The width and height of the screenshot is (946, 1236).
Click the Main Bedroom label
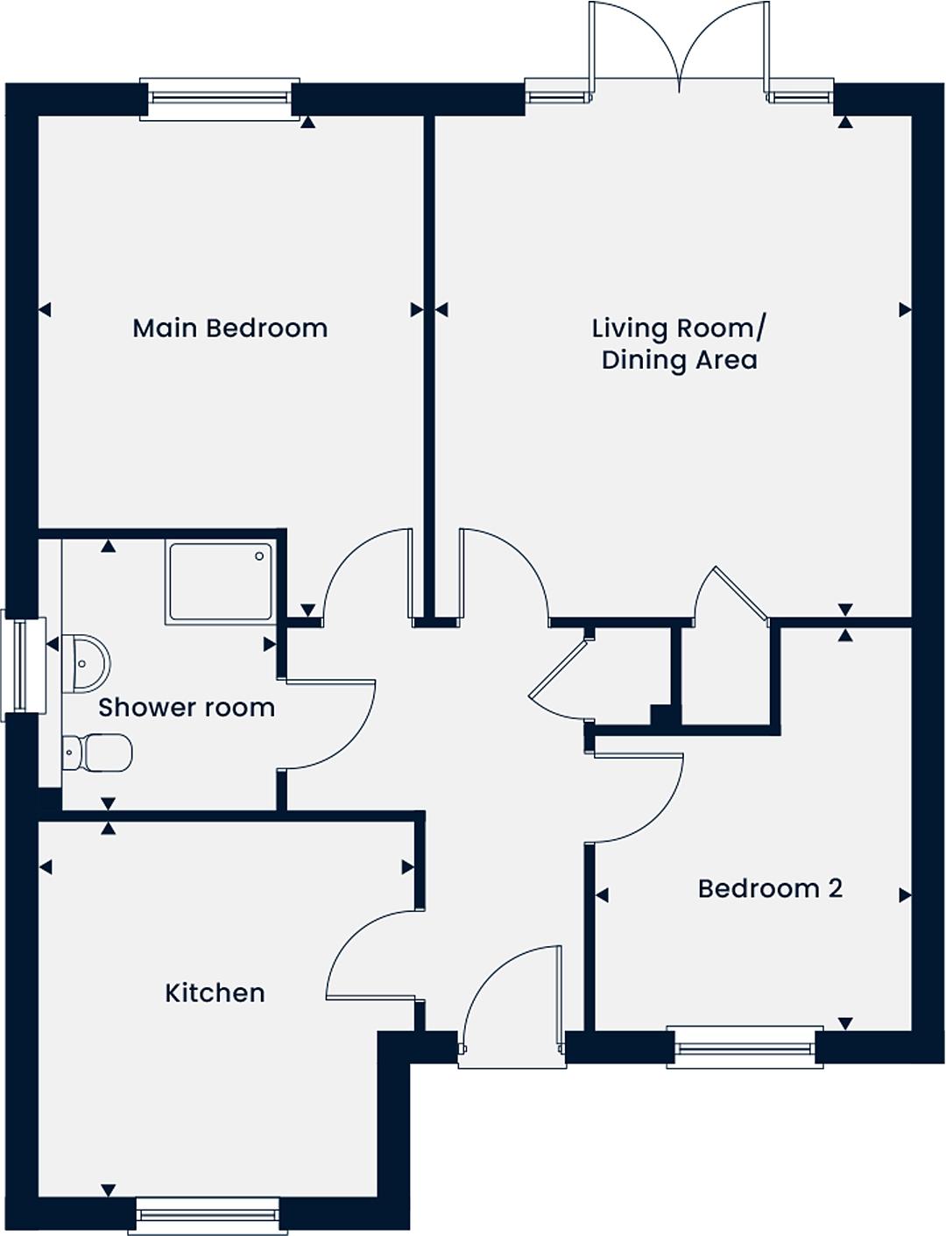229,328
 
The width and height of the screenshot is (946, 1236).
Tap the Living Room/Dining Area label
679,344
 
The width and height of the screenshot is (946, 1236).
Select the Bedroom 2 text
770,888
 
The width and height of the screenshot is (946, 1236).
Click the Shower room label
187,707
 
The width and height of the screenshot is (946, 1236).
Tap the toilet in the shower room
97,752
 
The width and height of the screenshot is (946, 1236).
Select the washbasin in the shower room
86,664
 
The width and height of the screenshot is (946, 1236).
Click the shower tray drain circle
259,556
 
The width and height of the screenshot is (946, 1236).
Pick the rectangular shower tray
221,582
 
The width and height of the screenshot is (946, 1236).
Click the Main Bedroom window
220,99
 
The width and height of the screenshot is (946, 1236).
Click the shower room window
23,665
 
